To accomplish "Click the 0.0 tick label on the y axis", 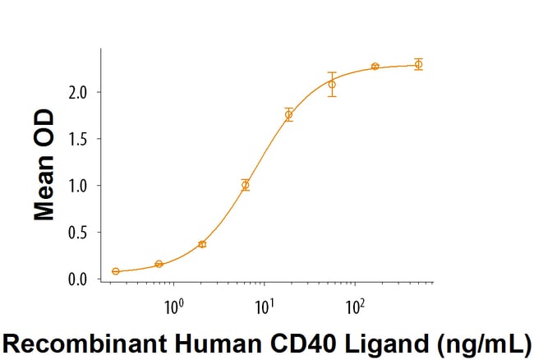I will [x=79, y=279].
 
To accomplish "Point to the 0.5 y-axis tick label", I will [x=79, y=233].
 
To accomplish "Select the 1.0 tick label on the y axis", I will [x=79, y=186].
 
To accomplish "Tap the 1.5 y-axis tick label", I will [x=79, y=139].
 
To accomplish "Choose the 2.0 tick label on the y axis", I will [x=79, y=92].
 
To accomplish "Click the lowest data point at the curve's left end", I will [x=116, y=271].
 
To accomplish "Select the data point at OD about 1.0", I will [x=245, y=185].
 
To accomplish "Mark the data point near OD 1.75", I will [x=288, y=115].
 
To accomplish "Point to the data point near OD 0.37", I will [x=202, y=244].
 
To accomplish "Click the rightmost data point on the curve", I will [x=418, y=64].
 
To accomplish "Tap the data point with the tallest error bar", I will [x=332, y=84].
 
